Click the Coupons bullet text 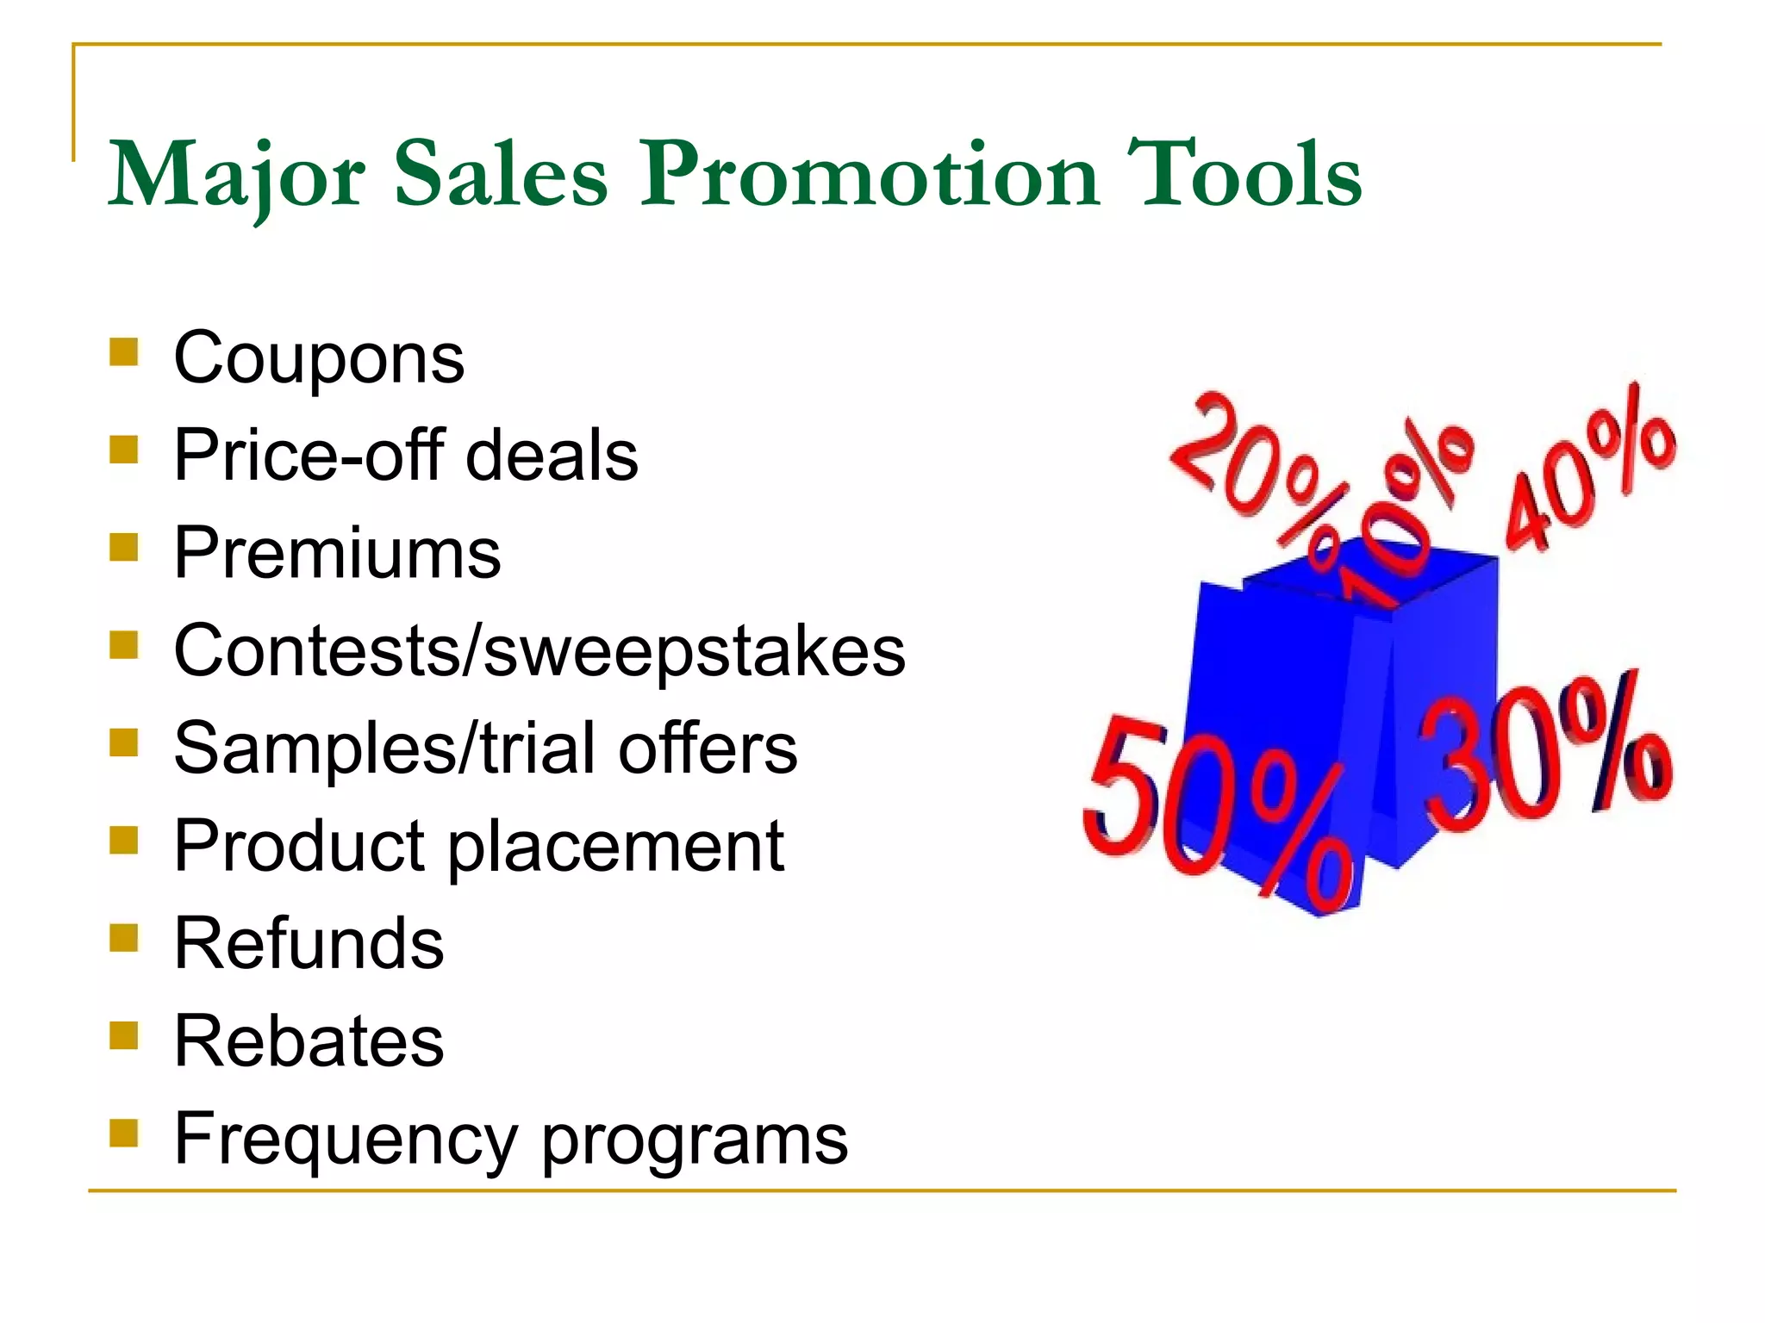tap(319, 357)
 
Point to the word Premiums tap(337, 553)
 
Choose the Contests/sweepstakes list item tap(539, 650)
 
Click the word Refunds tap(309, 943)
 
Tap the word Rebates tap(309, 1040)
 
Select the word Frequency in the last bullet tap(346, 1139)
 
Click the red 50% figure tap(1215, 814)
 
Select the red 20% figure tap(1254, 461)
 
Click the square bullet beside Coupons tap(124, 351)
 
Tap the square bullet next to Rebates tap(124, 1034)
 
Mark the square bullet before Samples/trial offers tap(124, 742)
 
